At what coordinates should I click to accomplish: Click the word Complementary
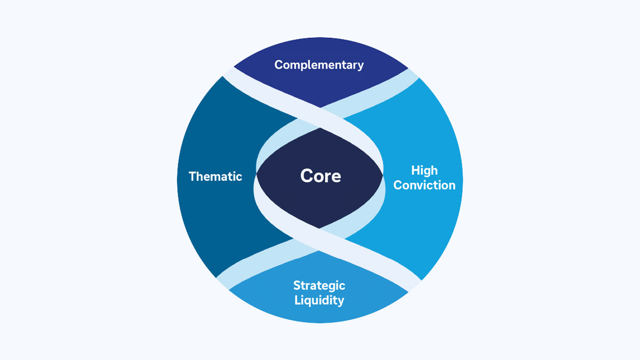click(319, 65)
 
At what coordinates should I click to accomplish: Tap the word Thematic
click(215, 177)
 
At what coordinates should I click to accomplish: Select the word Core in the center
click(321, 176)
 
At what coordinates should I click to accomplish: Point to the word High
click(425, 171)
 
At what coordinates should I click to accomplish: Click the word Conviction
click(425, 185)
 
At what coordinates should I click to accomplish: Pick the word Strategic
click(319, 285)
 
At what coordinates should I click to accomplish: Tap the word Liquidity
click(319, 300)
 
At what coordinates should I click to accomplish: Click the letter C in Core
click(307, 176)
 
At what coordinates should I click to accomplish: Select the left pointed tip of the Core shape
click(257, 174)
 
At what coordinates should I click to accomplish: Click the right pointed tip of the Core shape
click(383, 174)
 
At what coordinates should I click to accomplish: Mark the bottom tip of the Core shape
click(320, 228)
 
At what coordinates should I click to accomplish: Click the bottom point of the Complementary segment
click(320, 107)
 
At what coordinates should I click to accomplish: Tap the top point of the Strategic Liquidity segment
click(320, 251)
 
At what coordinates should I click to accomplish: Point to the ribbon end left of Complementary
click(228, 72)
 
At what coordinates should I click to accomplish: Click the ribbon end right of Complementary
click(413, 73)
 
